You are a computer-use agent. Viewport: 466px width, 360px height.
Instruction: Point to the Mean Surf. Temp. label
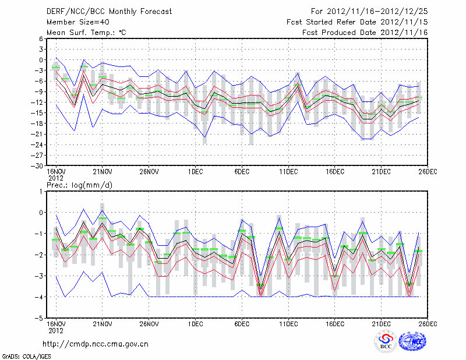click(x=86, y=33)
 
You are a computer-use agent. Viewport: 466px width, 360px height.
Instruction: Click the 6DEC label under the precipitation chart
click(x=242, y=324)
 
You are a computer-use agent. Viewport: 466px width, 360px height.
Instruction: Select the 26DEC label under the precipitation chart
click(x=428, y=324)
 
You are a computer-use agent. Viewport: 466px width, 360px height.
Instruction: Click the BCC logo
click(x=385, y=341)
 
